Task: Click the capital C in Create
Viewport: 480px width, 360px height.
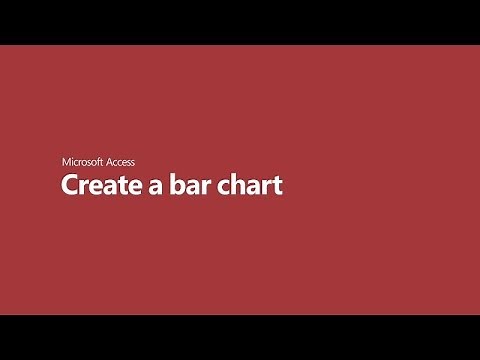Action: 70,186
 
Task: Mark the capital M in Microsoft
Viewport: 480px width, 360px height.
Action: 67,161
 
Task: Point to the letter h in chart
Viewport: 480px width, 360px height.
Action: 238,185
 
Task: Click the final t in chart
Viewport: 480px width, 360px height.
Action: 279,187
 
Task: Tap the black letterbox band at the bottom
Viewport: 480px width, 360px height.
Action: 240,337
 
